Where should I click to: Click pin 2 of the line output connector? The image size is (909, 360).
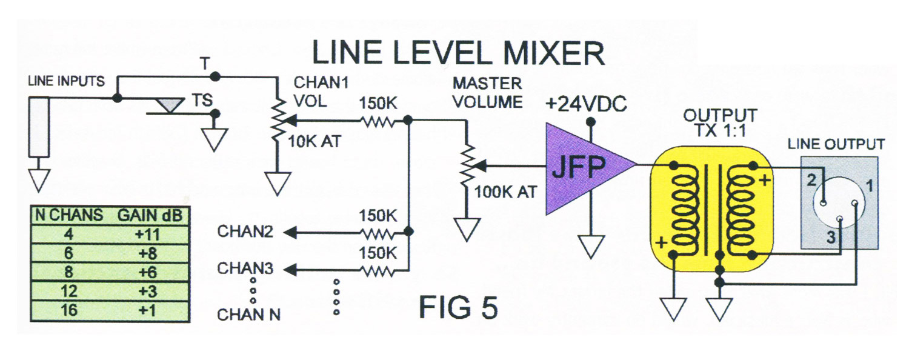[x=825, y=202]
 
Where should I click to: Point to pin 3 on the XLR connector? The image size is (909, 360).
[x=840, y=219]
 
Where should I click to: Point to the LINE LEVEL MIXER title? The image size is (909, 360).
[x=458, y=53]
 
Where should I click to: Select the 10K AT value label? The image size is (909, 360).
[x=315, y=143]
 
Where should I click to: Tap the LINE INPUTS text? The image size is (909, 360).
[x=67, y=81]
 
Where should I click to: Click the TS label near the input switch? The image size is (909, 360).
[x=201, y=99]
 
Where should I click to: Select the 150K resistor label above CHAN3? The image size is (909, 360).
[x=378, y=253]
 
